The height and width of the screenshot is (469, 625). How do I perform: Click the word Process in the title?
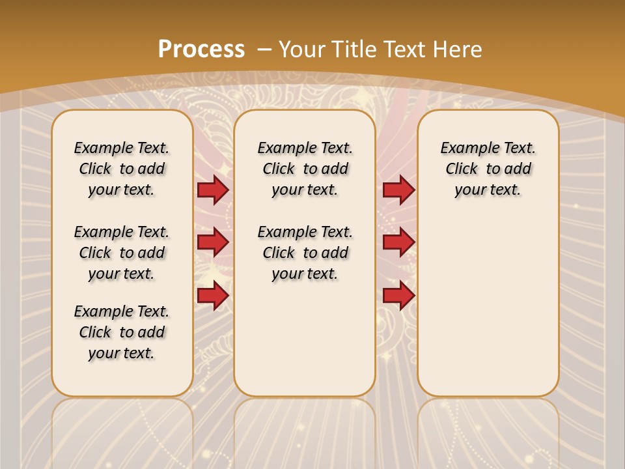tap(201, 49)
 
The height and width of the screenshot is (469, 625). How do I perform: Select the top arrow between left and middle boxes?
tap(213, 190)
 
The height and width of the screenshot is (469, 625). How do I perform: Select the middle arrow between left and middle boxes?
tap(213, 243)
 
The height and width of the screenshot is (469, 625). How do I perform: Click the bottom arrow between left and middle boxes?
tap(213, 296)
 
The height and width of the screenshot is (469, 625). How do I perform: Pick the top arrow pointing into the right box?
tap(398, 190)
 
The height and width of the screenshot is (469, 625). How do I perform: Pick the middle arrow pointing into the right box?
tap(398, 243)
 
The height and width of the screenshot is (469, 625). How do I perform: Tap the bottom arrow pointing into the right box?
tap(398, 296)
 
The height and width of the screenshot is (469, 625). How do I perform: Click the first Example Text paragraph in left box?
tap(122, 169)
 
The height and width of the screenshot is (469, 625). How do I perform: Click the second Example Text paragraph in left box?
tap(122, 253)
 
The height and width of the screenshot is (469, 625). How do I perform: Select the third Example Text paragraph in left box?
tap(122, 332)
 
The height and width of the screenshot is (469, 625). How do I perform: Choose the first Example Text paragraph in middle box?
tap(305, 169)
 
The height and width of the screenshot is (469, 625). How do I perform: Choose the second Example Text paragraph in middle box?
tap(305, 253)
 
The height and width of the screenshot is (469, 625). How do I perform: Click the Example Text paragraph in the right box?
tap(488, 169)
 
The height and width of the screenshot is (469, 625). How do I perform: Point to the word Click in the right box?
tap(462, 169)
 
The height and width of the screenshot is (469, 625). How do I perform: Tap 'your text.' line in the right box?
tap(488, 190)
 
